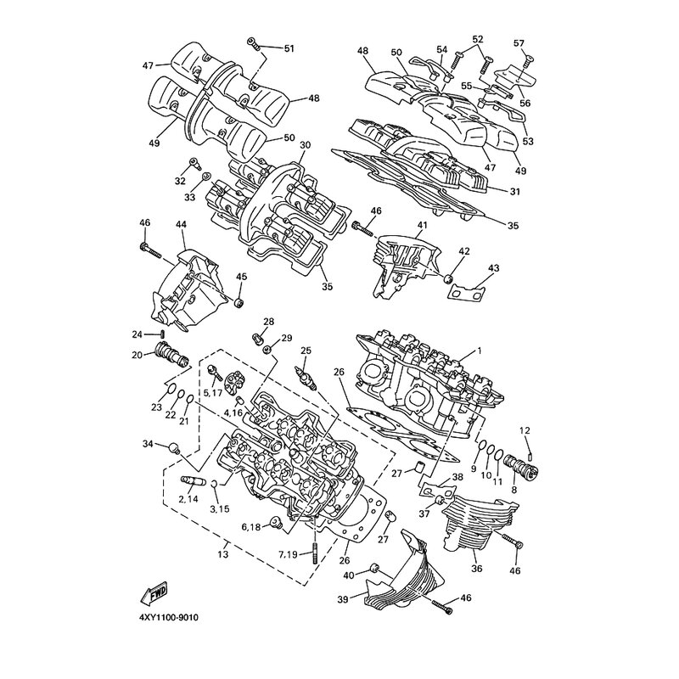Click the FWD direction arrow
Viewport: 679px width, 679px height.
pyautogui.click(x=154, y=593)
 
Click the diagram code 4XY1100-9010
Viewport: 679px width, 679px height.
pyautogui.click(x=169, y=618)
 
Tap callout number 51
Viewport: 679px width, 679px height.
pyautogui.click(x=289, y=48)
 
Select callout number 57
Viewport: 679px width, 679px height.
pyautogui.click(x=519, y=43)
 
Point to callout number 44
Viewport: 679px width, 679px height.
pyautogui.click(x=181, y=224)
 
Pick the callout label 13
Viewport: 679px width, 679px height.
pyautogui.click(x=223, y=554)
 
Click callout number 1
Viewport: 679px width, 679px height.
pyautogui.click(x=480, y=350)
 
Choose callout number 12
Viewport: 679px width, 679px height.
pyautogui.click(x=525, y=430)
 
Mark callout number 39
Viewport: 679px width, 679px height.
pyautogui.click(x=343, y=599)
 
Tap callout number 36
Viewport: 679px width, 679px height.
pyautogui.click(x=477, y=569)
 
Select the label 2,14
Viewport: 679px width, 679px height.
pyautogui.click(x=188, y=498)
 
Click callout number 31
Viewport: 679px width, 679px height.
pyautogui.click(x=515, y=192)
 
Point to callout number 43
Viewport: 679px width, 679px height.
pyautogui.click(x=493, y=268)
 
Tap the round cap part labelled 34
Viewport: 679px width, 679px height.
pyautogui.click(x=175, y=447)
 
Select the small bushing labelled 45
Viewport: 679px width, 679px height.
pyautogui.click(x=239, y=303)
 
